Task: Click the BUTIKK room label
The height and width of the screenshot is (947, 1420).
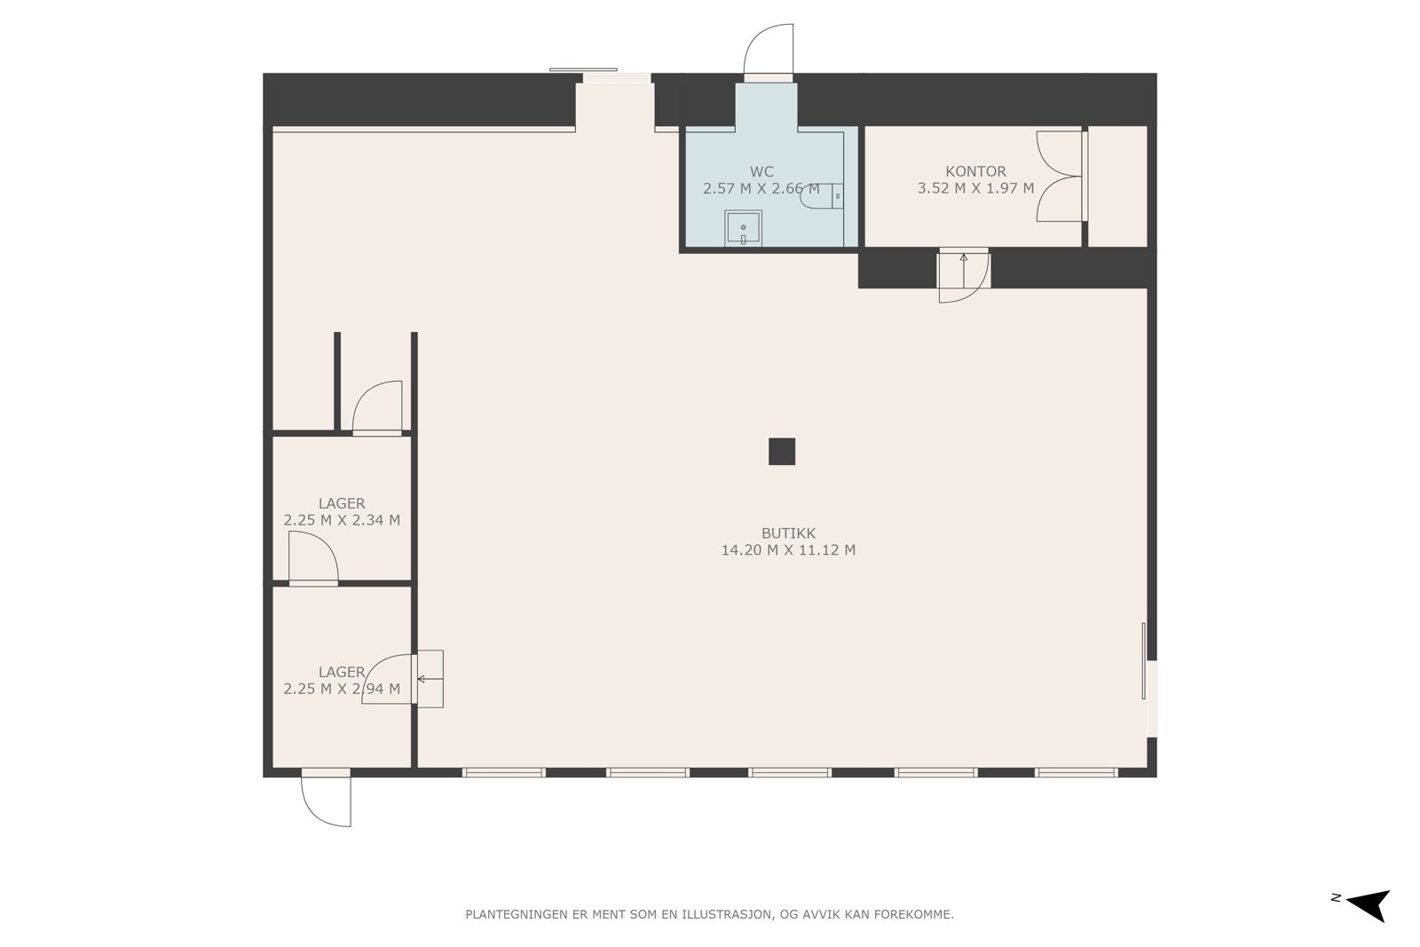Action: [788, 533]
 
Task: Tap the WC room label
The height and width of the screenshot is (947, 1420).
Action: [761, 172]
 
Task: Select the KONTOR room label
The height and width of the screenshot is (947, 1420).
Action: [975, 171]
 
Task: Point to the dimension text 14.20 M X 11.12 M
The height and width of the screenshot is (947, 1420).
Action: [788, 549]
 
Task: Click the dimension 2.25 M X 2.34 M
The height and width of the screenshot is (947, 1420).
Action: [342, 520]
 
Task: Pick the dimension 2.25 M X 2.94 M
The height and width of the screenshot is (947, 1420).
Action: [342, 689]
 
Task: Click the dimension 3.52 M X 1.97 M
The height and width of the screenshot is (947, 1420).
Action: [975, 188]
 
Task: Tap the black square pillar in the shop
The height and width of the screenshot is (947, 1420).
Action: [782, 452]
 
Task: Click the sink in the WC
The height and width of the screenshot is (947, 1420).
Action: [743, 228]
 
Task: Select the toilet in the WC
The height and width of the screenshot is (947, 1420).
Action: [822, 196]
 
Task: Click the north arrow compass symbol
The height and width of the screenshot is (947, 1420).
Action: [1368, 904]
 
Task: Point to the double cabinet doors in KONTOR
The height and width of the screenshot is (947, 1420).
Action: [1060, 177]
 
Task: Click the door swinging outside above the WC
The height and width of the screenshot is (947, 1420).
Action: [769, 50]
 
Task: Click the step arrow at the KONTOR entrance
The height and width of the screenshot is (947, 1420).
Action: [964, 271]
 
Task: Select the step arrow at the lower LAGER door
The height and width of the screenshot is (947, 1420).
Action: [430, 680]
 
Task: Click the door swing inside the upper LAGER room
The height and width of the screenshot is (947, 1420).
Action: [313, 556]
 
